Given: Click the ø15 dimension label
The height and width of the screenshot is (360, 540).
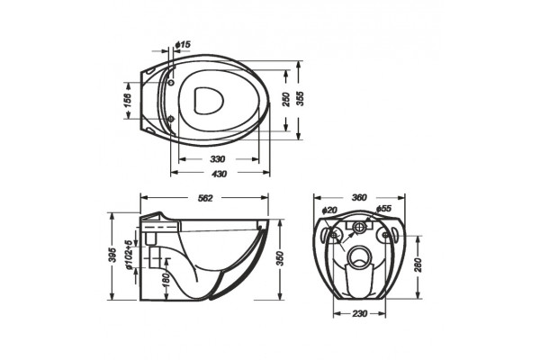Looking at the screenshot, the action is point(183,45).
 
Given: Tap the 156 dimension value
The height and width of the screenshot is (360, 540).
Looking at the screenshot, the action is point(128,100).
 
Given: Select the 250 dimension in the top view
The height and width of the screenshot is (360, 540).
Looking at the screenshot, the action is point(286,99).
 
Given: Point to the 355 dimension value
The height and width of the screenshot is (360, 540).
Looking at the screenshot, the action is point(300,98).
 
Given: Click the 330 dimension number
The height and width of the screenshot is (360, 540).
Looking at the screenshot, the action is point(218,159).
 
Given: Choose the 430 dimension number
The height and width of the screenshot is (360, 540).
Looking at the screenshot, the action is point(219,174).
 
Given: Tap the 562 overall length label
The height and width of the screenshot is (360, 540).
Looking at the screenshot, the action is point(205,198).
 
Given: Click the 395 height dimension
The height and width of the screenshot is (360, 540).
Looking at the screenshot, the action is point(112,255).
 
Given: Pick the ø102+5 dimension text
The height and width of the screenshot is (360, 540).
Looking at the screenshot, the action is point(129,255).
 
